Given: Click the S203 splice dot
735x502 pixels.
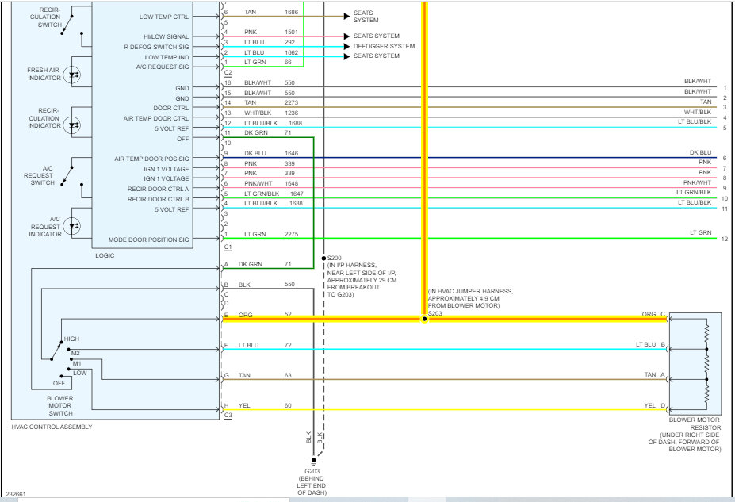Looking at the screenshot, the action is point(424,319).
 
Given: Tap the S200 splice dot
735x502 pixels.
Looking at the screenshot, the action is point(323,259).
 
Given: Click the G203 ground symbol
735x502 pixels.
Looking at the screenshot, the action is point(313,462).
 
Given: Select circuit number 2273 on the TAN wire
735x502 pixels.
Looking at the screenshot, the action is point(291,102).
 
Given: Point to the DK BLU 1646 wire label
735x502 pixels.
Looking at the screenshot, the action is point(271,153).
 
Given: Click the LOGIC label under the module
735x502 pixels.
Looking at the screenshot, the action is point(105,255).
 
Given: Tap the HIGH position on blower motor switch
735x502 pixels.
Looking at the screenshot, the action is point(71,339).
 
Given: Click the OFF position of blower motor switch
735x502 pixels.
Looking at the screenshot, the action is point(59,383).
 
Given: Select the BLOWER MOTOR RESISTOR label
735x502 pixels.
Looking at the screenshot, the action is point(695,423).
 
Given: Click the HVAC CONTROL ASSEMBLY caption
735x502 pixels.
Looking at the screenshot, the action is point(52,427).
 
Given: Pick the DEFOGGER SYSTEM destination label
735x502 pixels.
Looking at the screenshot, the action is point(384,47).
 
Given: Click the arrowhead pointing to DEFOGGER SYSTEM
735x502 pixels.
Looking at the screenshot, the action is point(346,47).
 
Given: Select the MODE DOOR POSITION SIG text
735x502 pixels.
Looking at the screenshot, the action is point(148,240).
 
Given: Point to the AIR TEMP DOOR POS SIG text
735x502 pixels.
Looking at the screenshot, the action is point(151,159).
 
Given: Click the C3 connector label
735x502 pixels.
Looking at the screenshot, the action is point(228,416).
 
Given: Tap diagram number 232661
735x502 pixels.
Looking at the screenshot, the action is point(16,494).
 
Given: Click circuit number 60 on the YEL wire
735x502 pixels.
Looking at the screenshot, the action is point(288,405).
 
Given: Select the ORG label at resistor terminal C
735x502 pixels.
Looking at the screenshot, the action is point(649,314).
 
